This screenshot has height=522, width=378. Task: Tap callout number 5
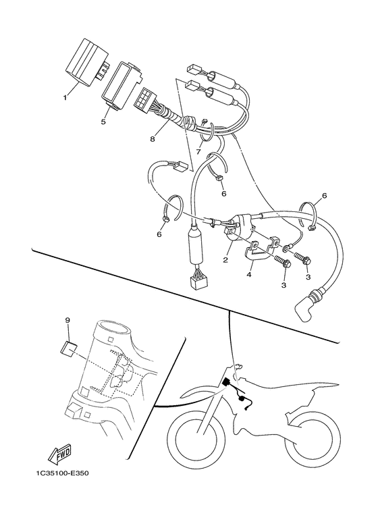click(104, 122)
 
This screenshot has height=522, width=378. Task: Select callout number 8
click(153, 140)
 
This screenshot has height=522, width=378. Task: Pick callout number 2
click(225, 259)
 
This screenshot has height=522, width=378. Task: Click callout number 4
click(250, 273)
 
